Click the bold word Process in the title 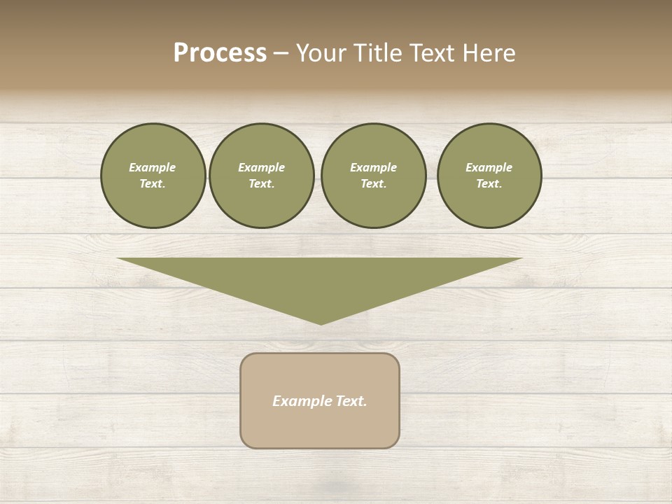[220, 53]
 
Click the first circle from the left [153, 176]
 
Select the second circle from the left [261, 176]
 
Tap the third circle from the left [373, 176]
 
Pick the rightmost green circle [489, 176]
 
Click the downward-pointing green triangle [320, 280]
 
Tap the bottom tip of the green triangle [321, 323]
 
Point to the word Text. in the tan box [351, 401]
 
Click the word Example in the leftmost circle [153, 167]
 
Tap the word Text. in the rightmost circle [489, 184]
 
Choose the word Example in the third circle [373, 167]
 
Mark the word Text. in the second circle [261, 184]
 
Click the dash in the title [281, 53]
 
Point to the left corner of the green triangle [120, 259]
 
